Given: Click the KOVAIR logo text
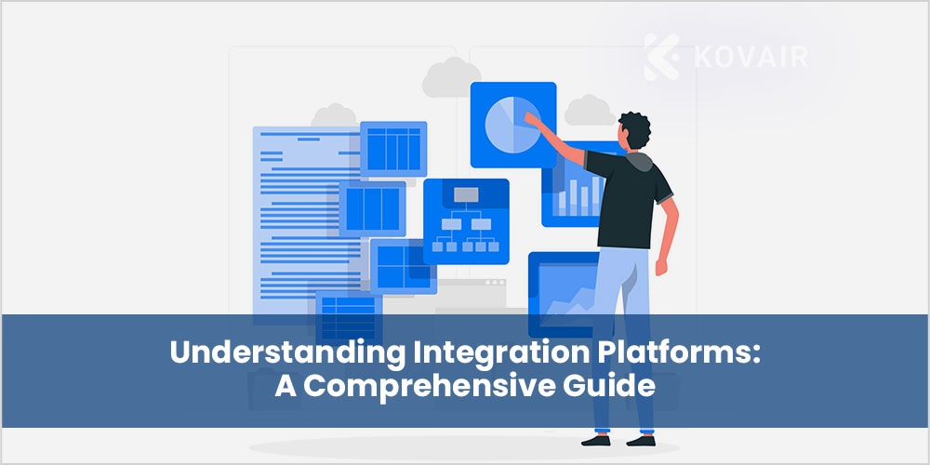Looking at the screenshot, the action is coord(751,58).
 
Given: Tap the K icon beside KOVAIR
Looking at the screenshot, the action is coord(661,57).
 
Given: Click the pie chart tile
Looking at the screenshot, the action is coord(513,125).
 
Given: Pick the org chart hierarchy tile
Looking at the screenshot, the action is coord(466,221).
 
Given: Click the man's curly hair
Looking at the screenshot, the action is coord(634,129).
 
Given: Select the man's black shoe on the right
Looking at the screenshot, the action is coord(641,441).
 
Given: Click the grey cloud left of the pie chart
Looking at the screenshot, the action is coord(451,78).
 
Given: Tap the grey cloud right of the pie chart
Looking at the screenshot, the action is coord(590,111).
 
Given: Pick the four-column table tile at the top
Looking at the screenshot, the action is coord(393,149).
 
